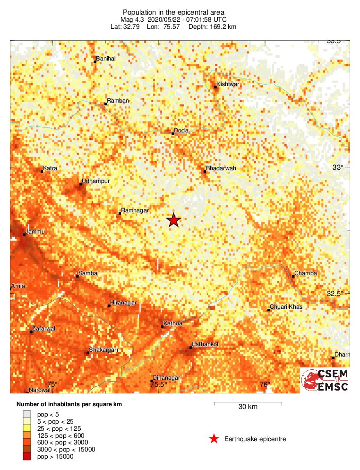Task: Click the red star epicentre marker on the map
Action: pyautogui.click(x=174, y=220)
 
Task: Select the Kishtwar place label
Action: pyautogui.click(x=229, y=84)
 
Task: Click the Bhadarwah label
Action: pyautogui.click(x=222, y=168)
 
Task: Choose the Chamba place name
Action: pyautogui.click(x=306, y=273)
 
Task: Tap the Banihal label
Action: pyautogui.click(x=106, y=59)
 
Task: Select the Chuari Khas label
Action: pyautogui.click(x=287, y=307)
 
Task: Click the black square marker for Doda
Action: pyautogui.click(x=173, y=134)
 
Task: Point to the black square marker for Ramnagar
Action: pyautogui.click(x=120, y=213)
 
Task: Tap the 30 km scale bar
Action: pyautogui.click(x=248, y=403)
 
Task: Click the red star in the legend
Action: pyautogui.click(x=214, y=439)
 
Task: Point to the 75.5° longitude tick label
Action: pyautogui.click(x=158, y=385)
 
